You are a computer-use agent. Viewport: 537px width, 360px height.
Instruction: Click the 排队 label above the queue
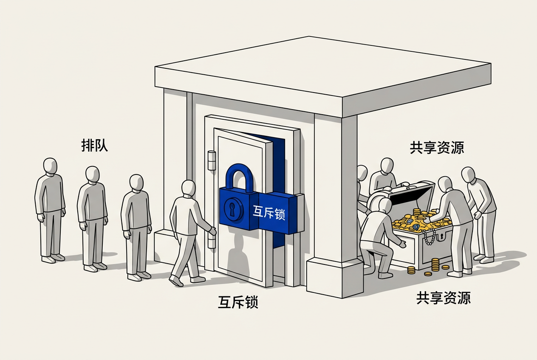tap(94, 145)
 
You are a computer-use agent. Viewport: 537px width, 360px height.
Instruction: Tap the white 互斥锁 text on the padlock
tap(269, 212)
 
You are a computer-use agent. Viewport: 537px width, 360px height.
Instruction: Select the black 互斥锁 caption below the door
tap(238, 302)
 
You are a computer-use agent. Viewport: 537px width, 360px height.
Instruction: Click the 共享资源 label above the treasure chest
tap(437, 147)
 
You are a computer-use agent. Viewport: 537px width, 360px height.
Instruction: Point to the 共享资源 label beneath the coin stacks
tap(444, 298)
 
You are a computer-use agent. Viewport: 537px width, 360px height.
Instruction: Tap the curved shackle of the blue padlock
tap(239, 177)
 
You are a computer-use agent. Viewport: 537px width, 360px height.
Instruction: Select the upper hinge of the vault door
tap(212, 160)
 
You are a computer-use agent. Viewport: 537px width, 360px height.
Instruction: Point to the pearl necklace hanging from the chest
tap(430, 236)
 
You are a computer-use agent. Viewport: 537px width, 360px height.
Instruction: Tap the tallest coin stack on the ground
tap(435, 264)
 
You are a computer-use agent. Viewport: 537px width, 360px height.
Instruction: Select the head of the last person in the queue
tap(50, 166)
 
